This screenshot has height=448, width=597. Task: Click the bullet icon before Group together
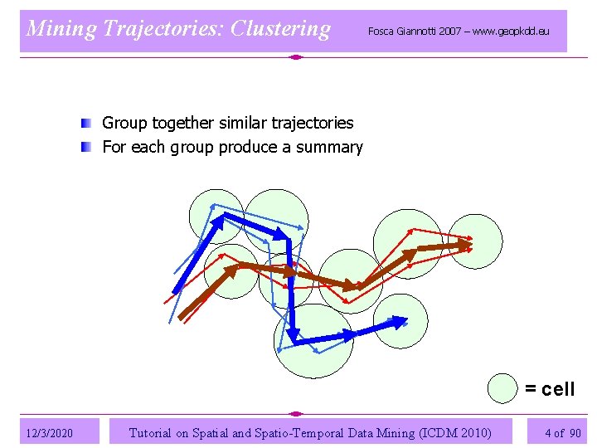click(86, 124)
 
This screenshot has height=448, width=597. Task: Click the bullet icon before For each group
click(86, 148)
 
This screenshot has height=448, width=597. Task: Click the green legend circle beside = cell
click(502, 389)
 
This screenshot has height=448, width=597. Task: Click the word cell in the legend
click(557, 389)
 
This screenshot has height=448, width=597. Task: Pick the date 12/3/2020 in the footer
click(49, 433)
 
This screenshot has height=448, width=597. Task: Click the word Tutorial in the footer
click(151, 432)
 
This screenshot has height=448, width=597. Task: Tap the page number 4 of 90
click(563, 432)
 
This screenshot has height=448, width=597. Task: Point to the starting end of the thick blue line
click(175, 290)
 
